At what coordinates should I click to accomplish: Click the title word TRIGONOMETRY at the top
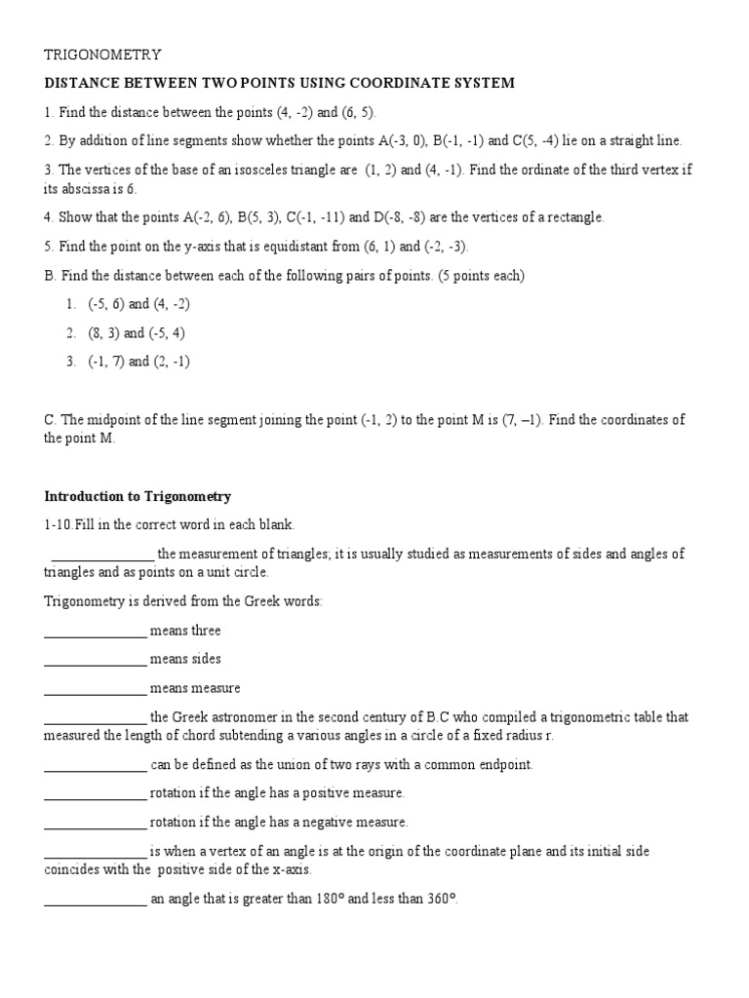point(102,55)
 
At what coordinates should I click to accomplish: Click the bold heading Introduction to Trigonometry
point(138,497)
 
